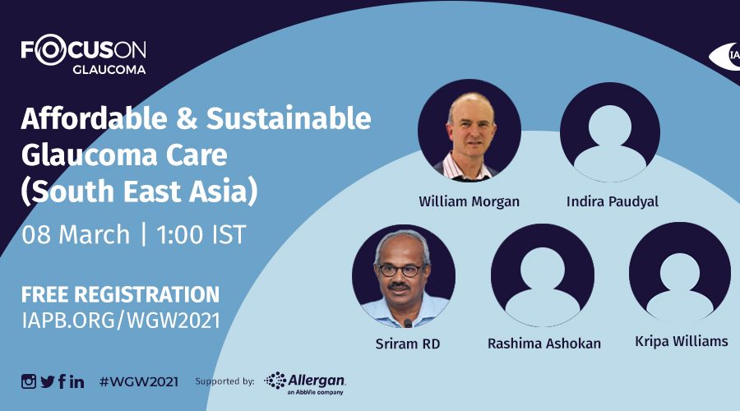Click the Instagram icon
(28, 381)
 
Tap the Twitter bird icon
(48, 381)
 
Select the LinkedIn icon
(77, 381)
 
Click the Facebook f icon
(62, 381)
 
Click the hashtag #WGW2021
(139, 381)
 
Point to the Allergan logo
(305, 383)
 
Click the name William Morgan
(469, 202)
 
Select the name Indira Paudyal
(612, 202)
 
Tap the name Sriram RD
(408, 344)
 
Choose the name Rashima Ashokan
(544, 344)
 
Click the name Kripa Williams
(682, 340)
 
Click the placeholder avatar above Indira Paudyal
(610, 132)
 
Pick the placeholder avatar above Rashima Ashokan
(543, 275)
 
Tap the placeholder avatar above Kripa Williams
(680, 273)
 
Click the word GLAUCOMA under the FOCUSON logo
(109, 69)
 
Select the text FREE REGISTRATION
(120, 294)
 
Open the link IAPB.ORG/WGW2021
(121, 321)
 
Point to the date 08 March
(76, 234)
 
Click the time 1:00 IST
(201, 234)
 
